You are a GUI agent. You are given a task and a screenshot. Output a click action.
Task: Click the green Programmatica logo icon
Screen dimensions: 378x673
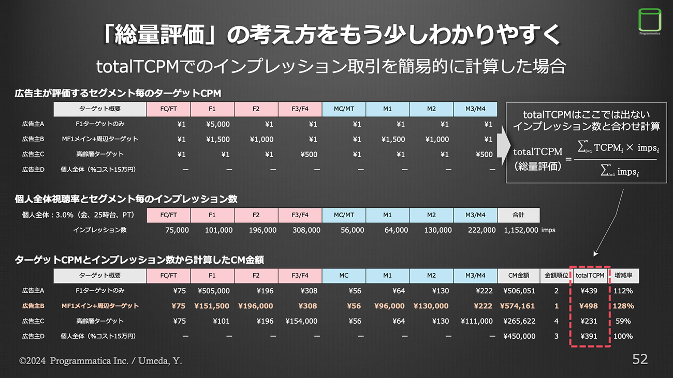click(650, 19)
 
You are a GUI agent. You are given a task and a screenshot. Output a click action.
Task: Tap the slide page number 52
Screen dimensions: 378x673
click(640, 359)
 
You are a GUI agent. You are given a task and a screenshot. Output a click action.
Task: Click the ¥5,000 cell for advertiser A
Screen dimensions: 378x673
click(218, 124)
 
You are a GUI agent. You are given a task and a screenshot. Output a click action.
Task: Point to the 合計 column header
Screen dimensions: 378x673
click(518, 215)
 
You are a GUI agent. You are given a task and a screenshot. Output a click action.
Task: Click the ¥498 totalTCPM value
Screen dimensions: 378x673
click(589, 306)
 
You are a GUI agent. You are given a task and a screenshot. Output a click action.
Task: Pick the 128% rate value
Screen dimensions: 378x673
click(623, 306)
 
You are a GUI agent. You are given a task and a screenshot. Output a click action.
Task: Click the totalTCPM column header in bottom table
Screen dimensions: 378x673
click(590, 276)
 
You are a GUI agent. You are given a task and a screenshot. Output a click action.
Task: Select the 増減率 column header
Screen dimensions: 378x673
click(624, 276)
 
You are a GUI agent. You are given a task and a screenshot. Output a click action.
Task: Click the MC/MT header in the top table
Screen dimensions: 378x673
click(344, 109)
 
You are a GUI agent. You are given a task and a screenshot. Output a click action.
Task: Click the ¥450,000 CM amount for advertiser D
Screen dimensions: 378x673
click(519, 336)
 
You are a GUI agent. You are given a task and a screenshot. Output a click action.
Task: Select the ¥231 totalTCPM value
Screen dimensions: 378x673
click(589, 321)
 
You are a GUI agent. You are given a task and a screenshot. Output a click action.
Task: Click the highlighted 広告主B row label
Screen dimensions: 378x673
click(33, 306)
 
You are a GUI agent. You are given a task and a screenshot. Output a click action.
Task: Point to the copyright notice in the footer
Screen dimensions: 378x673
click(101, 361)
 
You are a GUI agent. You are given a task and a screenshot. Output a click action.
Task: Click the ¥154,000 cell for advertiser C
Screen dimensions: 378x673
click(301, 321)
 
